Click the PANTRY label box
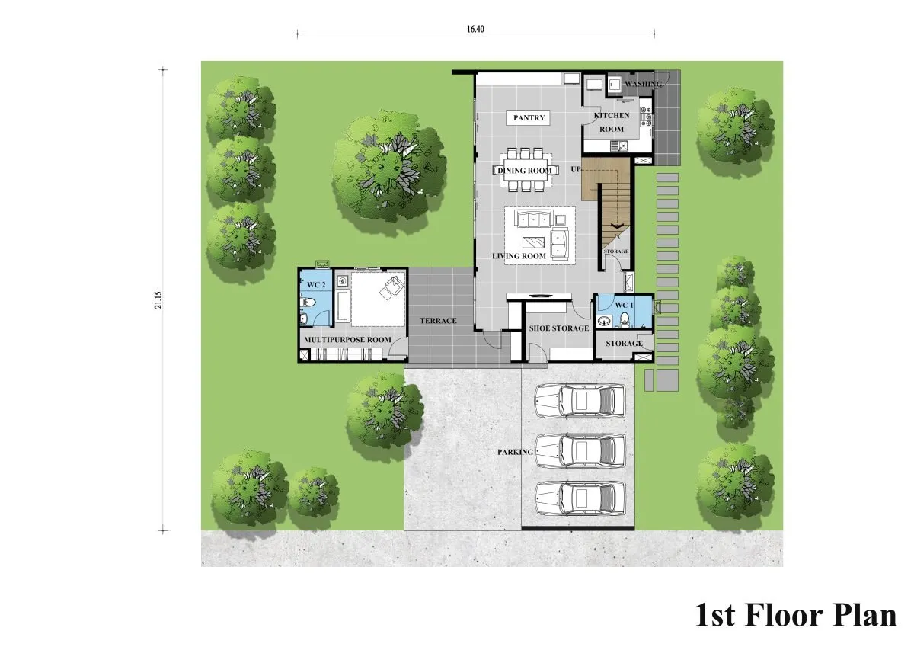pos(529,117)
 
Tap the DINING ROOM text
pos(524,171)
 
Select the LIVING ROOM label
pos(519,256)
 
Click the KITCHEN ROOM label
pos(611,122)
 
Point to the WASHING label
pos(644,84)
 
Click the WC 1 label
pos(624,305)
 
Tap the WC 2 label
pos(316,284)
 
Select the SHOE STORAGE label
pos(559,328)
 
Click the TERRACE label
pos(438,321)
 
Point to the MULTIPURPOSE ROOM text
pos(347,340)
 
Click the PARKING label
pos(515,452)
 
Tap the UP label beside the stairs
pos(575,169)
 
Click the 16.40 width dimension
pos(475,29)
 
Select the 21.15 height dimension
pos(158,300)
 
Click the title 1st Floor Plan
pos(796,615)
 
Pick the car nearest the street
pos(580,499)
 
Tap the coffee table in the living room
pos(534,242)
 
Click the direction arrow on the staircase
pos(616,226)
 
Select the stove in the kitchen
pos(646,117)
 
